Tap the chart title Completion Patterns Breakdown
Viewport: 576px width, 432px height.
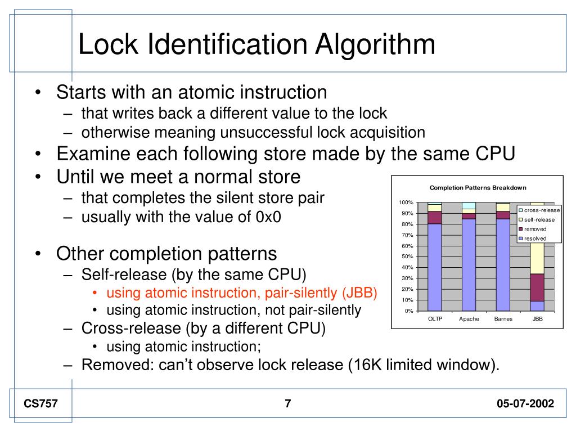pyautogui.click(x=478, y=188)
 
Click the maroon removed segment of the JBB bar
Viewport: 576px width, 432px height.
pyautogui.click(x=538, y=287)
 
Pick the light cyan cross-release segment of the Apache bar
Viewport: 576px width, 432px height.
pyautogui.click(x=469, y=205)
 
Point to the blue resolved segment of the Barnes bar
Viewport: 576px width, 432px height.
pyautogui.click(x=503, y=264)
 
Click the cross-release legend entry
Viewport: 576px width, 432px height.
pyautogui.click(x=539, y=210)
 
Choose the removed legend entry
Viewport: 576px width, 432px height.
pyautogui.click(x=535, y=229)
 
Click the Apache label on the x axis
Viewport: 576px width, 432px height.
pyautogui.click(x=469, y=319)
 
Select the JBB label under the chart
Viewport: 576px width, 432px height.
pyautogui.click(x=538, y=319)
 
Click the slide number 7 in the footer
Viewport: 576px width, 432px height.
pyautogui.click(x=288, y=403)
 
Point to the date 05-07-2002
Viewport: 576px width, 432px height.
pyautogui.click(x=525, y=403)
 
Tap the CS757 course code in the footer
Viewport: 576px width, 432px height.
pyautogui.click(x=40, y=403)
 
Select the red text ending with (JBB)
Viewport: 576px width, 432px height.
pyautogui.click(x=242, y=293)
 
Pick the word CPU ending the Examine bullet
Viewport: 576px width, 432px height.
pyautogui.click(x=497, y=154)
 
